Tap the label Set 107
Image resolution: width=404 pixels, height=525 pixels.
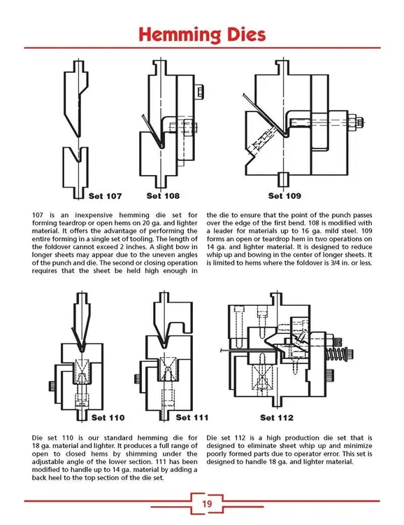coord(105,196)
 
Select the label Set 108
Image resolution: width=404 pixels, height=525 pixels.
coord(164,196)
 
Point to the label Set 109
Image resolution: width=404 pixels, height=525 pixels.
coord(285,196)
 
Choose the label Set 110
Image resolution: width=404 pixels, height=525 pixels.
coord(109,418)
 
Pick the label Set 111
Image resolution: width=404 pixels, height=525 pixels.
coord(193,418)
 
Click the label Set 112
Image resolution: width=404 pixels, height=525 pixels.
coord(277,418)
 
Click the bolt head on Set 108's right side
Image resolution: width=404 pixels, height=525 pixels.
coord(199,92)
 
